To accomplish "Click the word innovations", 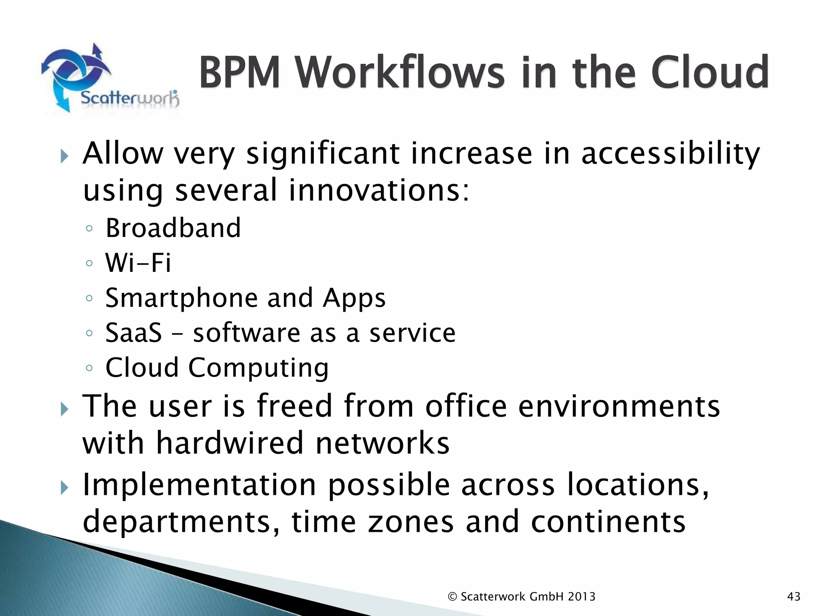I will pos(378,190).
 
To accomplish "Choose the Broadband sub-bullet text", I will pos(173,228).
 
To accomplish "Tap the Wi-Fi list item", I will pos(138,263).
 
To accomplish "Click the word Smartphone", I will pos(182,298).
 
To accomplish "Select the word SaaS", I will pos(133,333).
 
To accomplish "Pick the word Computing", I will pos(259,368).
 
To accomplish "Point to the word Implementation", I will pos(200,485).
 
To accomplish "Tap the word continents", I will pos(608,522).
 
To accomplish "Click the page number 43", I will pos(794,597).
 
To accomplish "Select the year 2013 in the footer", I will pos(582,597).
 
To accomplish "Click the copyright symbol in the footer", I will pos(452,597).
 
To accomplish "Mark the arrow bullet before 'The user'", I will pos(65,409).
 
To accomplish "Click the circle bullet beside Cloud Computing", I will pos(89,368).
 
